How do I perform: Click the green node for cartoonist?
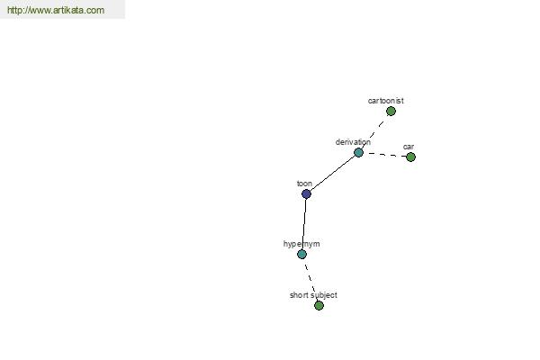click(391, 112)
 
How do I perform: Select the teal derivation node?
click(358, 153)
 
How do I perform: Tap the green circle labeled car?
click(410, 157)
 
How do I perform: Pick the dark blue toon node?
click(306, 194)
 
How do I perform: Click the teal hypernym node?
click(302, 254)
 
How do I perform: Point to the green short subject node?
click(319, 306)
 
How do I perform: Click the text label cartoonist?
click(386, 101)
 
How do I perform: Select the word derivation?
click(353, 142)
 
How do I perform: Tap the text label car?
click(409, 147)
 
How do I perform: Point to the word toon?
click(304, 184)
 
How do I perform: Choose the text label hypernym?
click(301, 244)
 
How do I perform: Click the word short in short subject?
click(299, 295)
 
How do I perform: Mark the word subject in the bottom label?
click(324, 295)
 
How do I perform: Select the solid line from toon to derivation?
click(332, 174)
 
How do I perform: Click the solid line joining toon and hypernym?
click(304, 224)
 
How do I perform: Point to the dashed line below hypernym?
click(310, 280)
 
